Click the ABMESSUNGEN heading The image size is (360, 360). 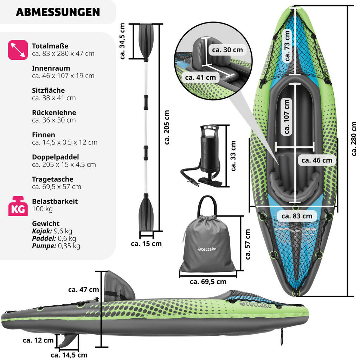point(58,12)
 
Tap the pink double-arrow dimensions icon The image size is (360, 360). point(18,50)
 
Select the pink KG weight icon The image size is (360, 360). point(18,206)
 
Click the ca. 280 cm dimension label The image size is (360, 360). point(353,139)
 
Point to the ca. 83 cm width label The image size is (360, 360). point(297,216)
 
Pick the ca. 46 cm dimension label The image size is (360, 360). point(317,160)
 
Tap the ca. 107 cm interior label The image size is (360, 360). point(287,116)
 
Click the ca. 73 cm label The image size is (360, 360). point(287,46)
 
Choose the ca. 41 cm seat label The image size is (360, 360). point(200,77)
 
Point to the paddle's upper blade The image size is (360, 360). point(146,40)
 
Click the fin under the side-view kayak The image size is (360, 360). point(67,339)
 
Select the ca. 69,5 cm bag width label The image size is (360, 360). point(208,282)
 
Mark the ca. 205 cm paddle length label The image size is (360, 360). point(167,127)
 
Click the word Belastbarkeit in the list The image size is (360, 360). point(55,201)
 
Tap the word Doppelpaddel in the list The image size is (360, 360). point(55,157)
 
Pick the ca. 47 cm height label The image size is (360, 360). point(84,290)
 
